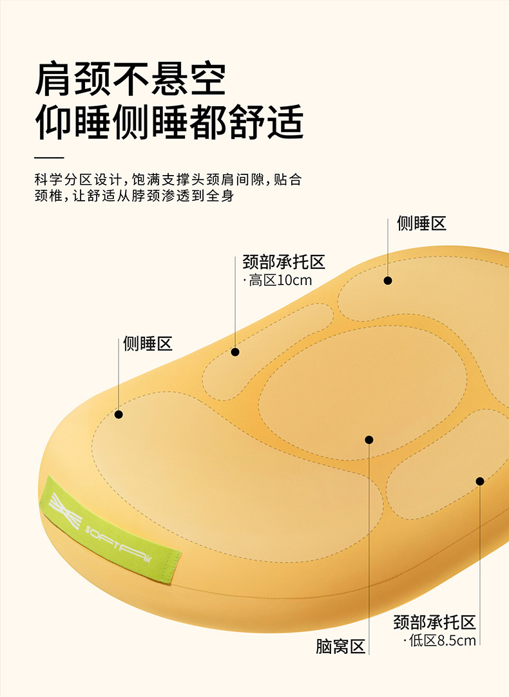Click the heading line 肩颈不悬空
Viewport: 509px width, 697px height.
coord(131,80)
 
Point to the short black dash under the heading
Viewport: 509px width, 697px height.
coord(49,158)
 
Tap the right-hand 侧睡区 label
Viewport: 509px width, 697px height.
coord(421,224)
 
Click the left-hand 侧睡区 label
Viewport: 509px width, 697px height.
coord(148,344)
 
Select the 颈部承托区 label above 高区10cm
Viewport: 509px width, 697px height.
coord(283,263)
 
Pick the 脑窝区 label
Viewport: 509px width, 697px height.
coord(341,646)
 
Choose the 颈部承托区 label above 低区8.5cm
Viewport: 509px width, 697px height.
coord(434,622)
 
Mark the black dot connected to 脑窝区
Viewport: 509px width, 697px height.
coord(369,440)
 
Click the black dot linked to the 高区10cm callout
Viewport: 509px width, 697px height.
coord(235,352)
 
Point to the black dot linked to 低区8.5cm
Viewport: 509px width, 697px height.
coord(479,481)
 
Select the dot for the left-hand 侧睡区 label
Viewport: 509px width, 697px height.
coord(119,414)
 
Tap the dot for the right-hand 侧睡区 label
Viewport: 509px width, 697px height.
coord(388,281)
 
